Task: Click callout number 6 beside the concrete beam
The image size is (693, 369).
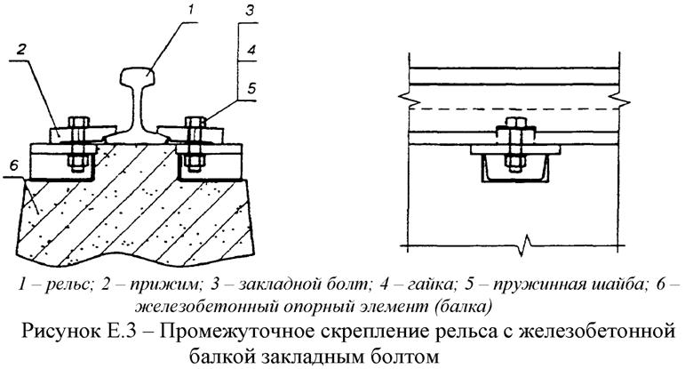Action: pyautogui.click(x=12, y=165)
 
